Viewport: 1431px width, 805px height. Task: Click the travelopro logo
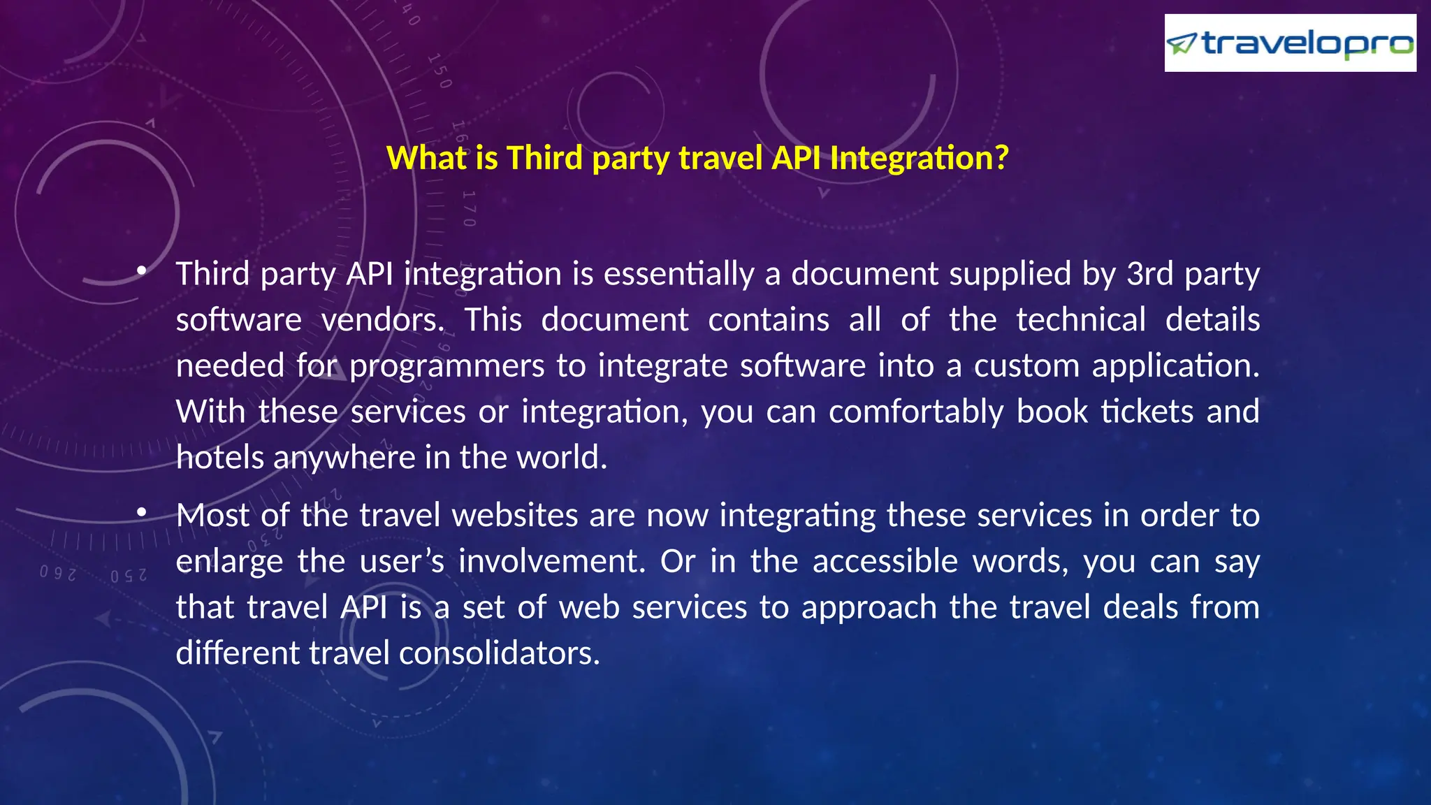1290,43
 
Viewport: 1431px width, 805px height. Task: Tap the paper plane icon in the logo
1182,44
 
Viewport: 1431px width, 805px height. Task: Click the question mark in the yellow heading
1001,158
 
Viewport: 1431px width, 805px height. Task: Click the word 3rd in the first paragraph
1149,273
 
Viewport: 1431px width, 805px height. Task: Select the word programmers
446,366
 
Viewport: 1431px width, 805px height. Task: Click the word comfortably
916,412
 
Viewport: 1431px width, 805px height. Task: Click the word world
561,458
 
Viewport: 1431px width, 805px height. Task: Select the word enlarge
229,562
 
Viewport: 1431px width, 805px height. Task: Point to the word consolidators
499,653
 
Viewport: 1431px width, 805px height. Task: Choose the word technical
1080,320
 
